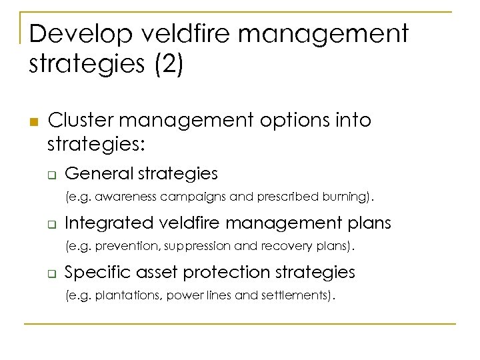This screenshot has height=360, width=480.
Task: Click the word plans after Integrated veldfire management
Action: pos(367,223)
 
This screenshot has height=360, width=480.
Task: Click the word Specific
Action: pos(91,272)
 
